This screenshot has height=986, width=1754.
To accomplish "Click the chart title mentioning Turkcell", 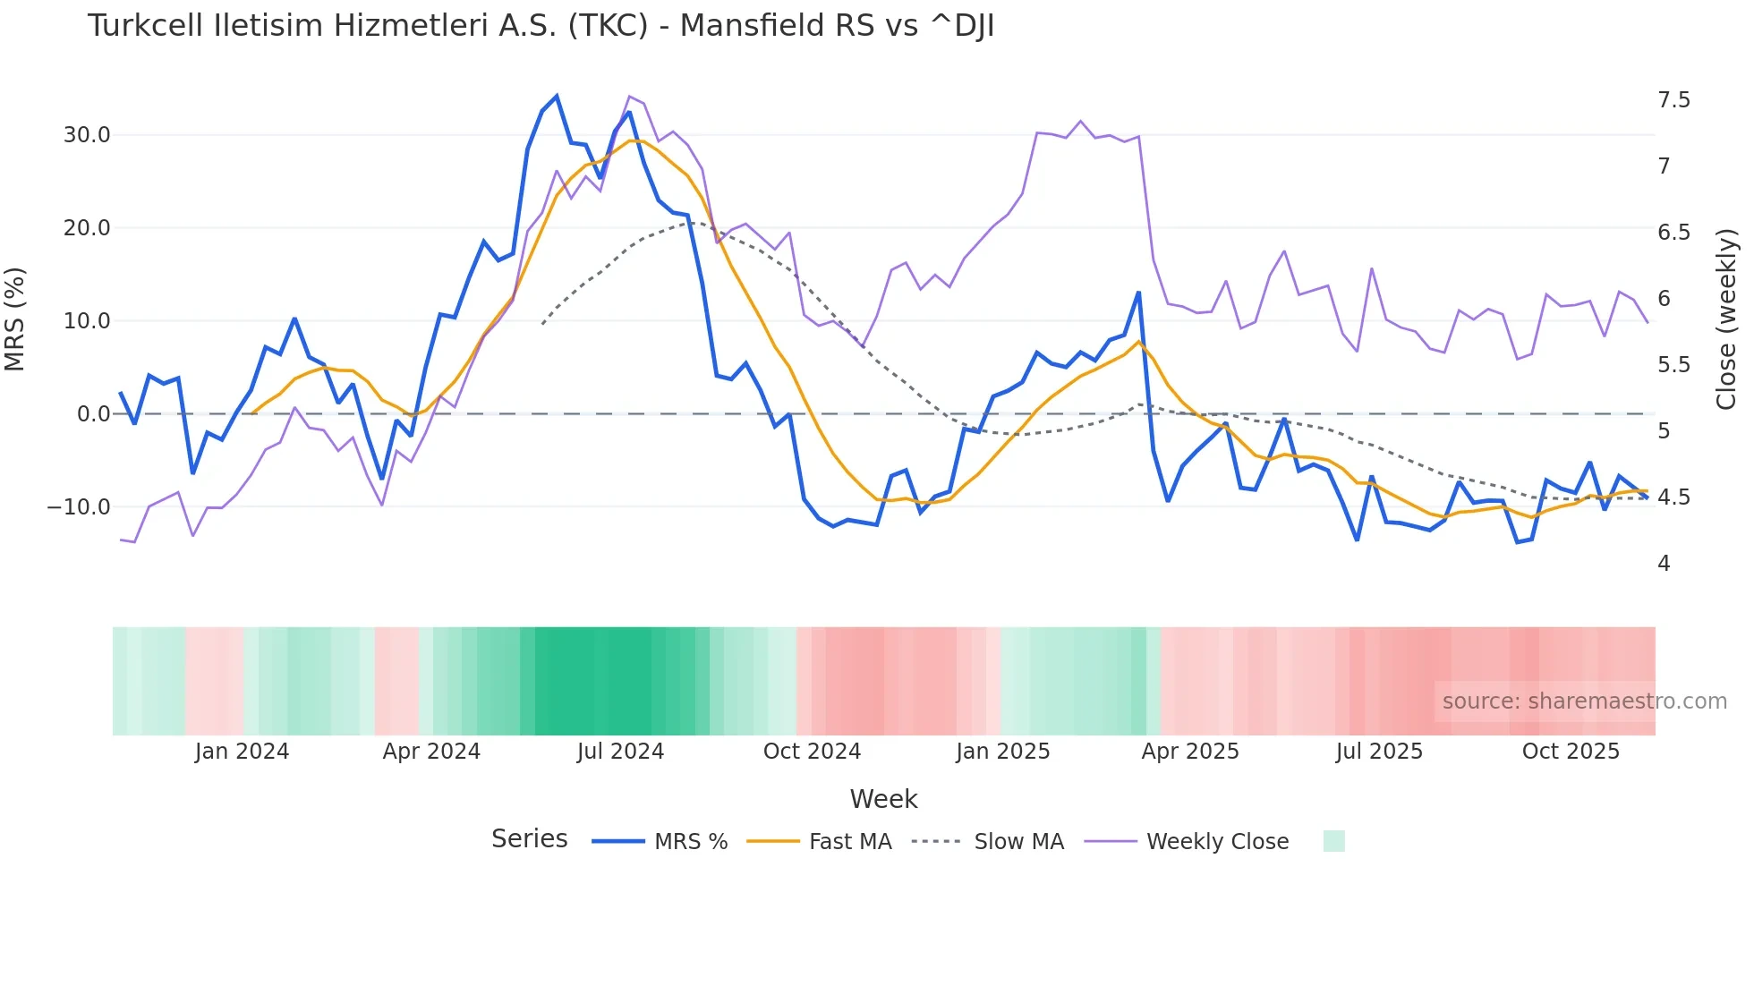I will click(x=541, y=26).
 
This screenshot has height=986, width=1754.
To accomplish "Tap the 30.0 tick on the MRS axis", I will click(x=87, y=135).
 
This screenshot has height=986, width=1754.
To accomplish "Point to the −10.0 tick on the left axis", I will click(x=80, y=507).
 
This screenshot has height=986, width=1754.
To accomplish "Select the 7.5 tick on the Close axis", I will click(x=1673, y=100).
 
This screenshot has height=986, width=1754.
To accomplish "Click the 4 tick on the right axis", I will click(x=1664, y=564).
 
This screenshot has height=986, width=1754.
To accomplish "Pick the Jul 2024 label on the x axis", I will click(x=620, y=752).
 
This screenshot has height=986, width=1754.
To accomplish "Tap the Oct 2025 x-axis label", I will click(x=1571, y=752).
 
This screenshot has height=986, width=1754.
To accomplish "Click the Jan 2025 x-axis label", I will click(x=1002, y=752).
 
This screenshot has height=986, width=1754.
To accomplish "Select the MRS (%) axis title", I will click(x=15, y=319).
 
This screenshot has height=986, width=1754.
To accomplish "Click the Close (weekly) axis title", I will click(x=1726, y=319).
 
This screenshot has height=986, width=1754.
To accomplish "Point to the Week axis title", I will click(x=883, y=799).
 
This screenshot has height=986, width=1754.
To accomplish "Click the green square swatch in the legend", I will click(x=1333, y=841).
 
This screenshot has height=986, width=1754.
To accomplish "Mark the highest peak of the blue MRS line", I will click(x=557, y=96).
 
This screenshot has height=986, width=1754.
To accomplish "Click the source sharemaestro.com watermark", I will click(x=1584, y=701).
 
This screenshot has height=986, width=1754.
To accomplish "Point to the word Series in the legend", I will click(x=529, y=839).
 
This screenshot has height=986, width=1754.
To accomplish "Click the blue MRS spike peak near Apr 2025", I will click(x=1138, y=293).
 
